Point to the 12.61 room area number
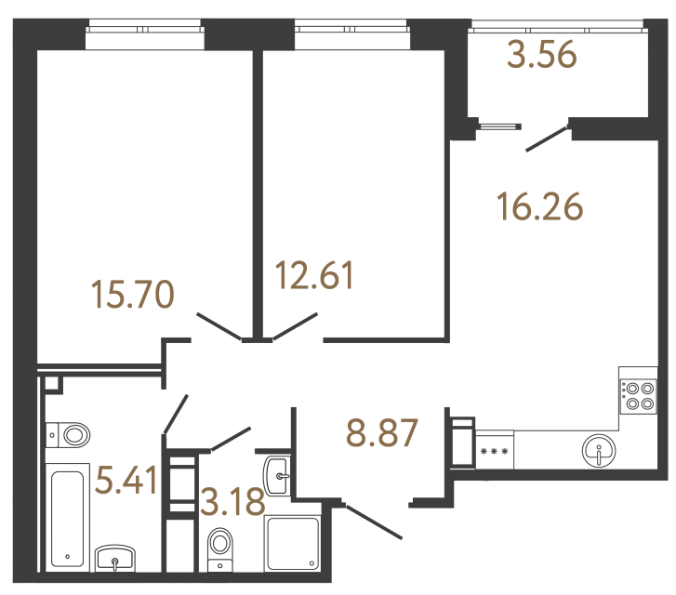tap(315, 275)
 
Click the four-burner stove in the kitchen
tap(638, 397)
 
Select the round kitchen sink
tap(599, 453)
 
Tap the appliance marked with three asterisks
tap(493, 453)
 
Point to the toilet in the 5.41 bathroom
tap(69, 434)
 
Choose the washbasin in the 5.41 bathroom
tap(115, 558)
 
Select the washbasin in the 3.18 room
tap(277, 475)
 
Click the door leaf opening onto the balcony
tap(546, 138)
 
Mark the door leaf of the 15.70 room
tap(220, 325)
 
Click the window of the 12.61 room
tap(351, 35)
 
